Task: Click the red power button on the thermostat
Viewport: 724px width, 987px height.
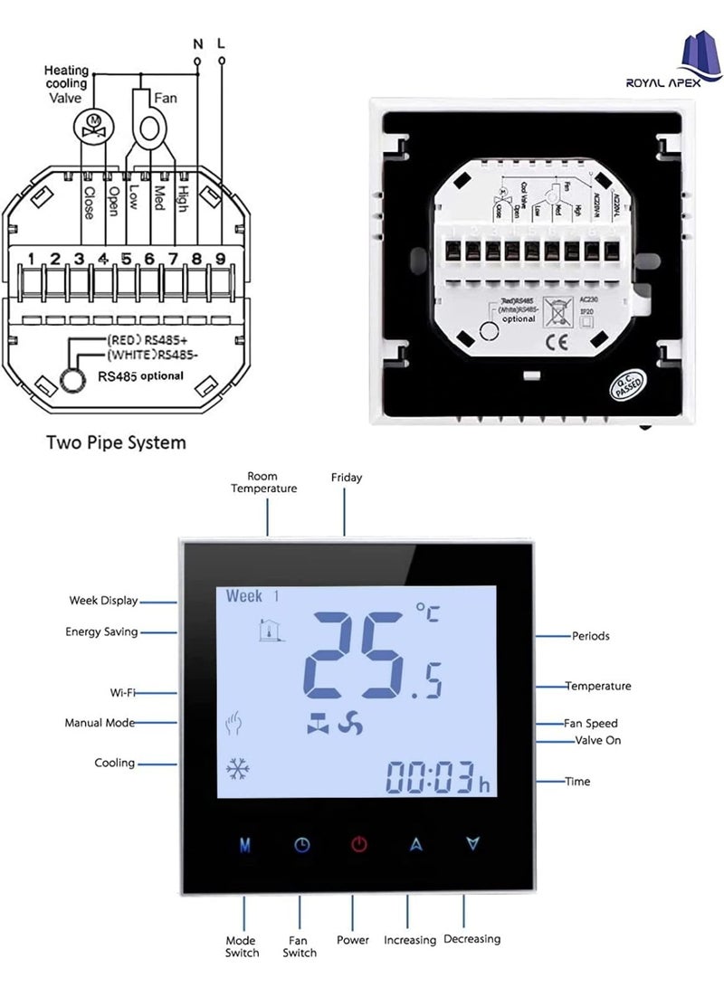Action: click(x=359, y=845)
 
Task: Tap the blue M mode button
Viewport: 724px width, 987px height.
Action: click(x=244, y=845)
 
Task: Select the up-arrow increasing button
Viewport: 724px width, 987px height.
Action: click(x=416, y=845)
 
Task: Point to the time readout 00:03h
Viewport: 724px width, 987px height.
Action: click(x=437, y=777)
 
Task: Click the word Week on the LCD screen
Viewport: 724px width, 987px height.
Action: click(x=244, y=596)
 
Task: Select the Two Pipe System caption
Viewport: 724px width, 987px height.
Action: click(x=116, y=442)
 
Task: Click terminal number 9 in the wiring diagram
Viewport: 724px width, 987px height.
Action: click(x=219, y=260)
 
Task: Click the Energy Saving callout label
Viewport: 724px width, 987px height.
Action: click(x=101, y=632)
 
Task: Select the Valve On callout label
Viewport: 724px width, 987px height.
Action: click(x=597, y=741)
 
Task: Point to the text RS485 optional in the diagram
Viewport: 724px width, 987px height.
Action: click(x=139, y=375)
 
